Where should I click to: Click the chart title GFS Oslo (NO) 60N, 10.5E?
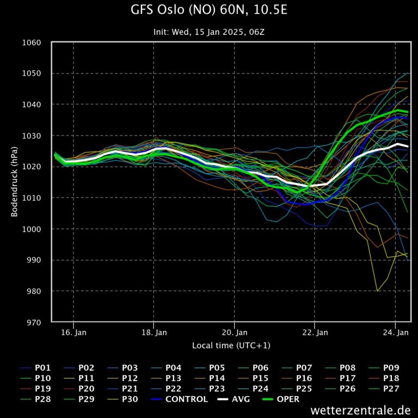click(209, 10)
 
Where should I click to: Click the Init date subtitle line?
click(209, 32)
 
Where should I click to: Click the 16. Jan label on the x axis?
click(73, 332)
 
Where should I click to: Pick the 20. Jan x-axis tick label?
click(235, 332)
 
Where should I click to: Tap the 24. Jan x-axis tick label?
click(396, 332)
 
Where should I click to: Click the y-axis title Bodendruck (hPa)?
click(15, 182)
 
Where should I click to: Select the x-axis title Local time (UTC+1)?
click(231, 346)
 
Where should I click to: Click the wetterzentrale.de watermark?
click(360, 410)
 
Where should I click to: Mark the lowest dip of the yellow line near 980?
click(377, 291)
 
